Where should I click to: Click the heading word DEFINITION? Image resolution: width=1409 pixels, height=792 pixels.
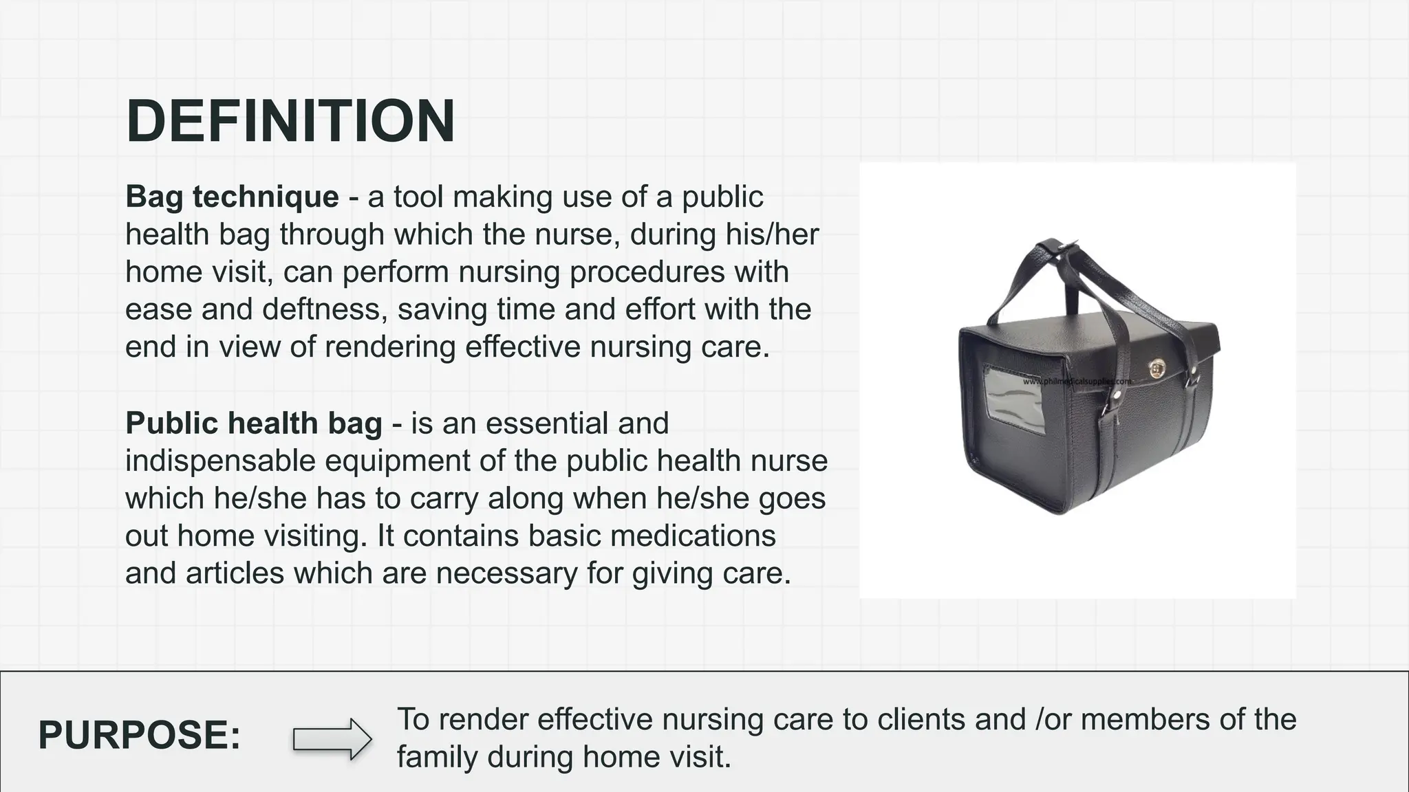point(290,121)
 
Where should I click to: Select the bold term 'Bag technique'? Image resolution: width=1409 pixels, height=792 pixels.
point(232,197)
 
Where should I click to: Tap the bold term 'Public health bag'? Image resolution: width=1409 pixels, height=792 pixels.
point(253,423)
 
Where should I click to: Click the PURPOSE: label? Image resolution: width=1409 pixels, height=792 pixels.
point(140,734)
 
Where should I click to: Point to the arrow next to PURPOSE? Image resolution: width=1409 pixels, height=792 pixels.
point(332,739)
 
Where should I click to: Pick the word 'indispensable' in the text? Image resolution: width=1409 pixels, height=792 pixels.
point(219,461)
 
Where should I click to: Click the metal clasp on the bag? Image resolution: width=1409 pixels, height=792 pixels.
point(1157,369)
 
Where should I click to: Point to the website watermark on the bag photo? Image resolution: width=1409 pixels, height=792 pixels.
point(1077,381)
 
